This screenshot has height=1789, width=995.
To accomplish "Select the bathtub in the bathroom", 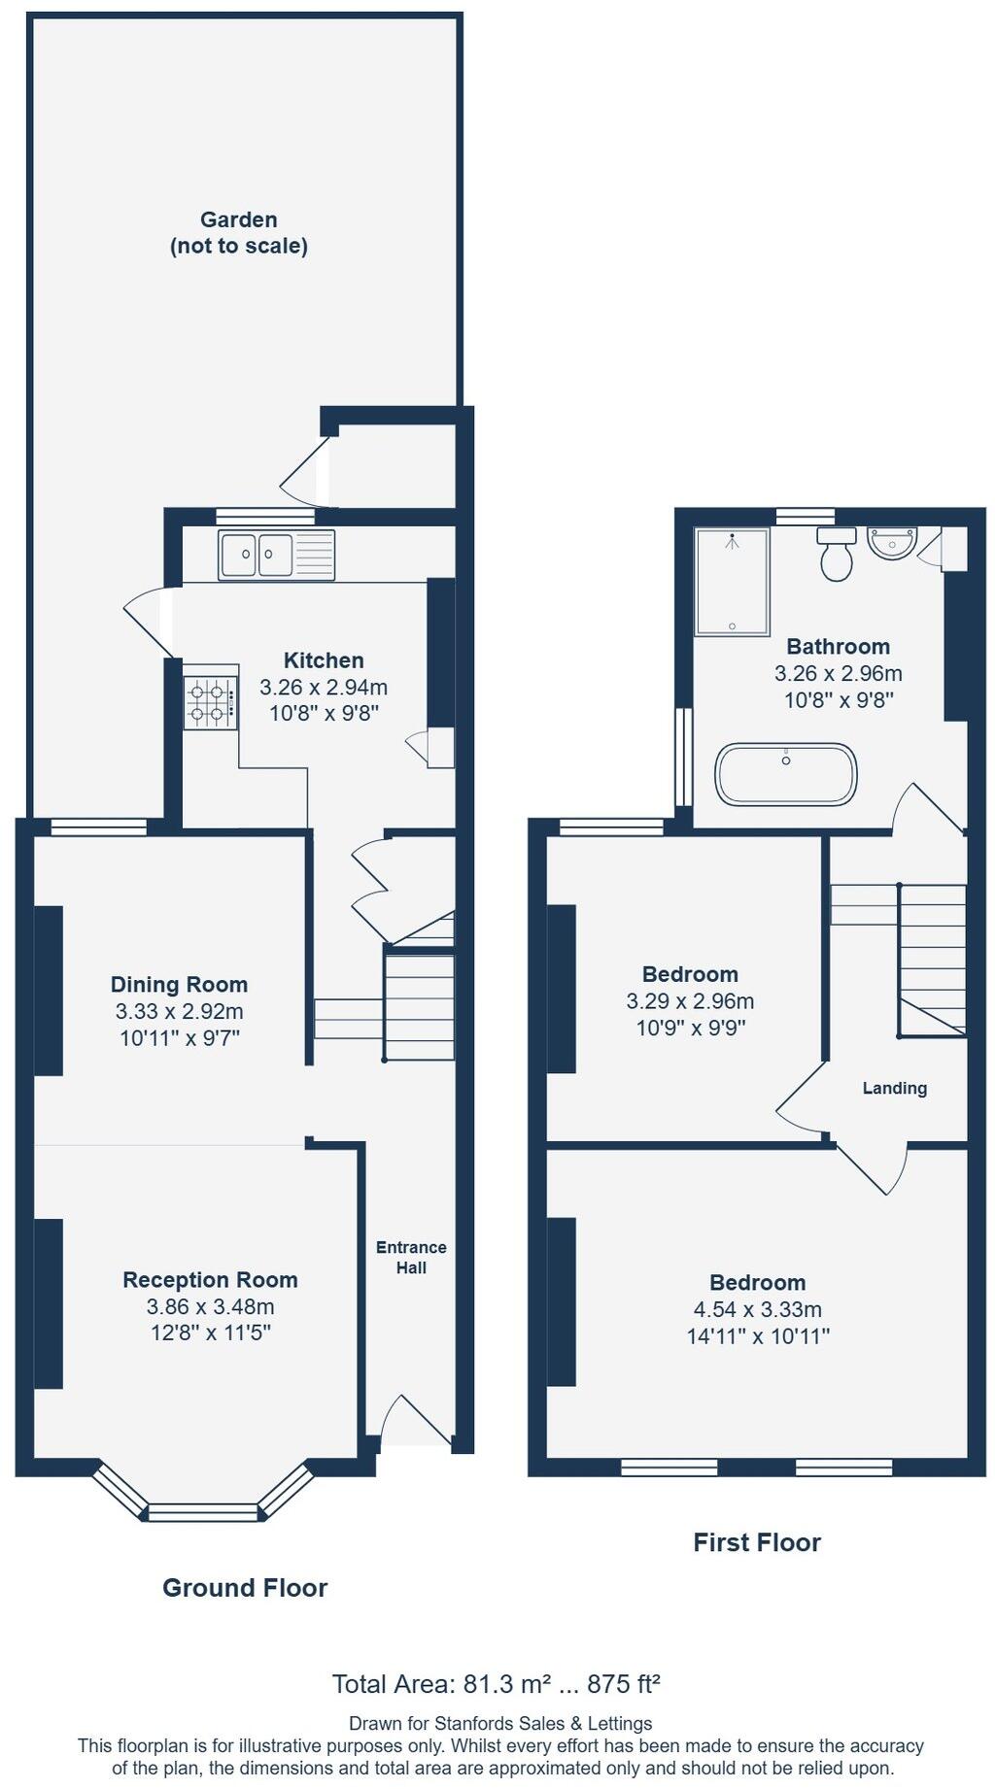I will [x=785, y=774].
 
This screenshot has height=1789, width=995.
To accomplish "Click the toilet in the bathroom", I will [x=836, y=556].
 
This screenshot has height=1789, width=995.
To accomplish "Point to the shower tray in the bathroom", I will [x=732, y=582].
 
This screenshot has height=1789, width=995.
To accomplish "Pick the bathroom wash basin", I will [x=891, y=543].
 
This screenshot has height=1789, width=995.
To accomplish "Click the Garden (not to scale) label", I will [x=239, y=233].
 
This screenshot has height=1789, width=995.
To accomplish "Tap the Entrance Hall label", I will [x=411, y=1257].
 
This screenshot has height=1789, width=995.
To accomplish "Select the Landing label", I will [x=894, y=1088].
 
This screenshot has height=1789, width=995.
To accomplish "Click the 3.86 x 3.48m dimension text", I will [x=210, y=1306].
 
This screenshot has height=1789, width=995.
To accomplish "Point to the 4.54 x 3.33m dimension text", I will [x=758, y=1309].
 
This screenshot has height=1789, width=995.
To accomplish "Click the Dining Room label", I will [x=179, y=984].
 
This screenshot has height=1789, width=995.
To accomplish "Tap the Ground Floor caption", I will [x=245, y=1587].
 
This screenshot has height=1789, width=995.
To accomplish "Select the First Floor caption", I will [x=757, y=1541].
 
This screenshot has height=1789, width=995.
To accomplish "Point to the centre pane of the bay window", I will [x=203, y=1511].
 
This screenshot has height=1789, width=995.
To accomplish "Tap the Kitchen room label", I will [x=324, y=660].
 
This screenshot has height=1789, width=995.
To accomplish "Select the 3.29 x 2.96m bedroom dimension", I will [x=690, y=1000].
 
